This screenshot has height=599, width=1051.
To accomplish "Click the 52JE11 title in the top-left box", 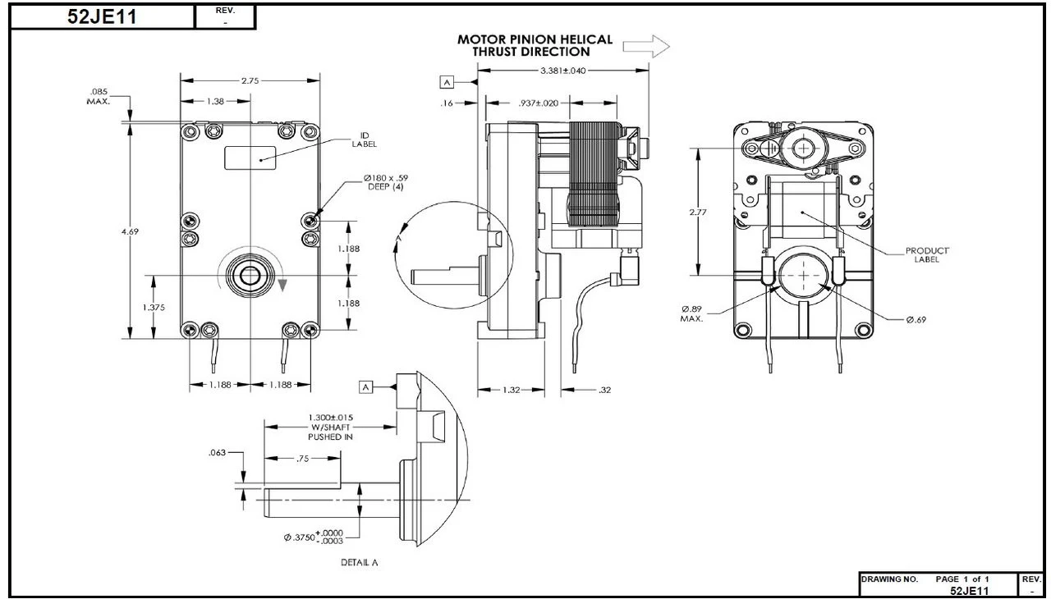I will (x=103, y=17).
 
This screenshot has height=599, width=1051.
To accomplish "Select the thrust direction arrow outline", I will (x=646, y=47).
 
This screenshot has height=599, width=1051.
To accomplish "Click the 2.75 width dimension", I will (x=250, y=80).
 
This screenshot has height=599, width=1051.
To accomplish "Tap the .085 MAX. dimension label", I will (x=99, y=96).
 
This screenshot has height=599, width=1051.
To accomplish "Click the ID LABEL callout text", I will (x=365, y=140).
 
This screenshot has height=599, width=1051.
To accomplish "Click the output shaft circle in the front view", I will (x=249, y=275).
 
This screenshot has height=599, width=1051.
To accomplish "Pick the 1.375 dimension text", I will (x=153, y=307).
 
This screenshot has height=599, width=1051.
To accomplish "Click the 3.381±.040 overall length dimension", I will (x=563, y=71).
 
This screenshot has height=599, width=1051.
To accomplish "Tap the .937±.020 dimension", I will (x=539, y=103).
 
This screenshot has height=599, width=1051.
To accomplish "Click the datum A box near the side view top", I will (x=447, y=82).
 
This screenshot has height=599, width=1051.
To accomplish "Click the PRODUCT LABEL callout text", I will (x=928, y=255).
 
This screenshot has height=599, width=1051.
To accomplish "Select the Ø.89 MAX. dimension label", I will (x=691, y=313).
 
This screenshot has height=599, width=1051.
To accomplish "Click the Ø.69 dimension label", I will (x=916, y=319).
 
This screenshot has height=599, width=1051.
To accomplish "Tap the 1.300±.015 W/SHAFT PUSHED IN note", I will (x=331, y=427).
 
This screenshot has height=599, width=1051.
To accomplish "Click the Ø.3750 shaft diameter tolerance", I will (x=314, y=537).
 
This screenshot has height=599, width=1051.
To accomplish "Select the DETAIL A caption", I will (x=359, y=562).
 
